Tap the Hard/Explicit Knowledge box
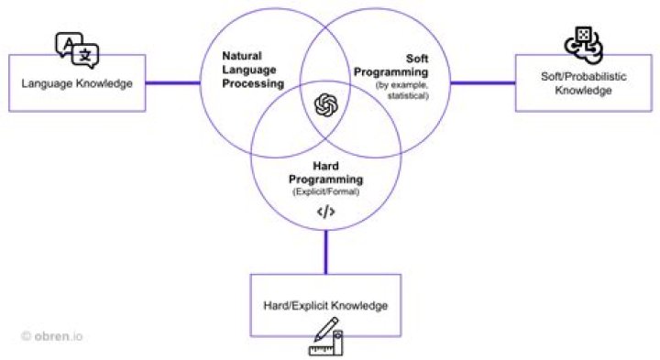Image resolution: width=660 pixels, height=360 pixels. tap(326, 304)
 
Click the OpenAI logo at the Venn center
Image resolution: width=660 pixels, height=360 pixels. tap(325, 105)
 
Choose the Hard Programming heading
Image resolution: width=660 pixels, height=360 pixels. tap(326, 174)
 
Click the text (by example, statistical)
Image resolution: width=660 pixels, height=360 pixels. tap(401, 91)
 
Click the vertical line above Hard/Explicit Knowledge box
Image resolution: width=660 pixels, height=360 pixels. tap(325, 251)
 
